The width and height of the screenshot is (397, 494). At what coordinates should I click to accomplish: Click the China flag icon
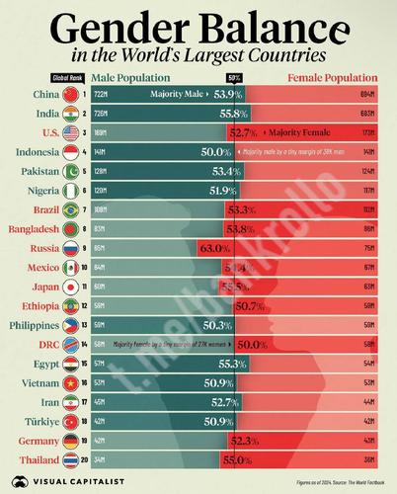point(71,95)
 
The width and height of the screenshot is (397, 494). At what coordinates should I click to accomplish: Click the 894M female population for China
point(370,95)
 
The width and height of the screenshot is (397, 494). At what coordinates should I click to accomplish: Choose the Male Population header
point(129,76)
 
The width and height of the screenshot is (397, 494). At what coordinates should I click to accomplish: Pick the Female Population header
point(333,76)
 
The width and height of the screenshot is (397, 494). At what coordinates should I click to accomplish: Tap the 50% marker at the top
point(235,77)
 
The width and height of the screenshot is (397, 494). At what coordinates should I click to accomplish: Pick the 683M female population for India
point(370,115)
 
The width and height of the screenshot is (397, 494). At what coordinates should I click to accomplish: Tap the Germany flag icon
point(71,442)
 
